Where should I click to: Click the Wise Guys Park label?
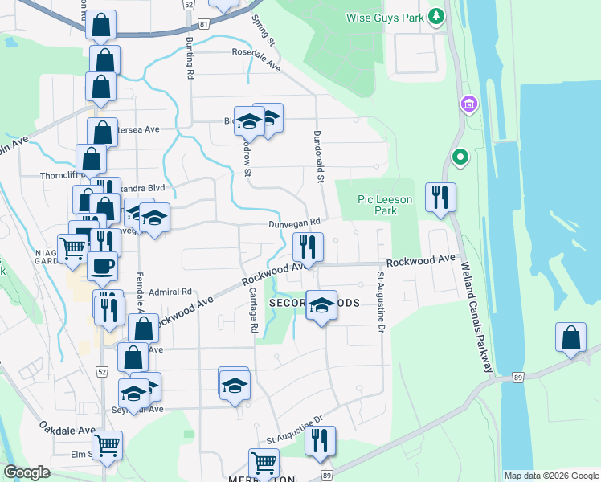coord(385,17)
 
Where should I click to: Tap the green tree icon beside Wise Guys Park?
coord(435,16)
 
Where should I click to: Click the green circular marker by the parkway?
coord(460,157)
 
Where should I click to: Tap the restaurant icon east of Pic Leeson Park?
coord(440,197)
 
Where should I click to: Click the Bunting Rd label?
coord(190,60)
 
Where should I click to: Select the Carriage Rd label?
coord(252,311)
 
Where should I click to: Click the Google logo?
coord(27,472)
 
